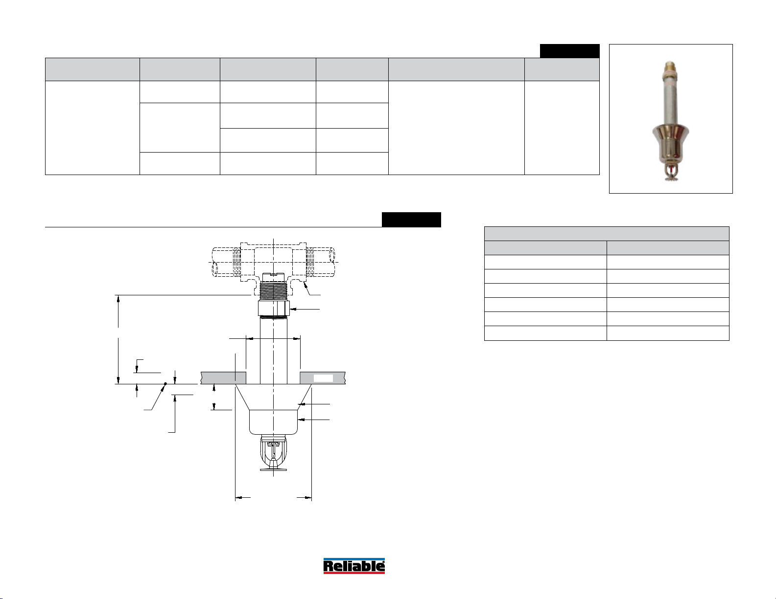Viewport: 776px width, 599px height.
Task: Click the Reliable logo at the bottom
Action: pos(354,566)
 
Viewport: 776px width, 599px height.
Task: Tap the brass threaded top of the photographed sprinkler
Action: pos(670,67)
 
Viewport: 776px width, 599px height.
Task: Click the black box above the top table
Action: pos(569,51)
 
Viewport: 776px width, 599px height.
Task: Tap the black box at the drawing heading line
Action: pos(411,220)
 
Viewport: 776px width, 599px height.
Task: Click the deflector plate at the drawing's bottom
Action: pos(273,469)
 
